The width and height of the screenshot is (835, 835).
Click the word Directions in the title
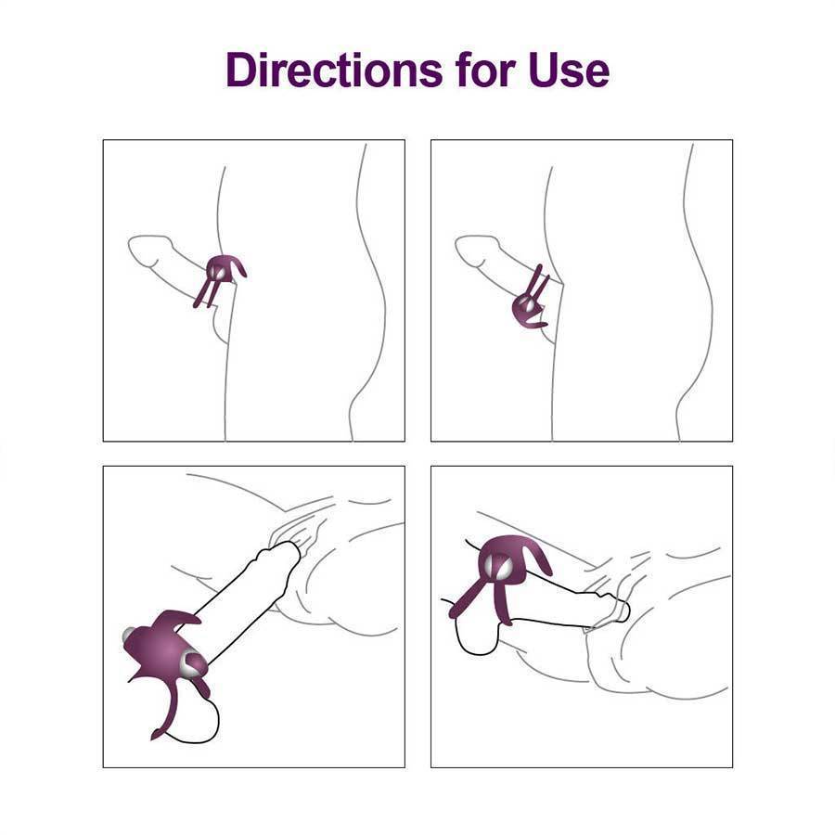pyautogui.click(x=331, y=71)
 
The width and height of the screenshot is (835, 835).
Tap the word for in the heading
pyautogui.click(x=482, y=71)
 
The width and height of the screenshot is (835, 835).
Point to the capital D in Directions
pyautogui.click(x=241, y=71)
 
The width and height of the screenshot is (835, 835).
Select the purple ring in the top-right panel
pyautogui.click(x=530, y=302)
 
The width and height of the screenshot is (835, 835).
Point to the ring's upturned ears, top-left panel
pyautogui.click(x=238, y=267)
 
